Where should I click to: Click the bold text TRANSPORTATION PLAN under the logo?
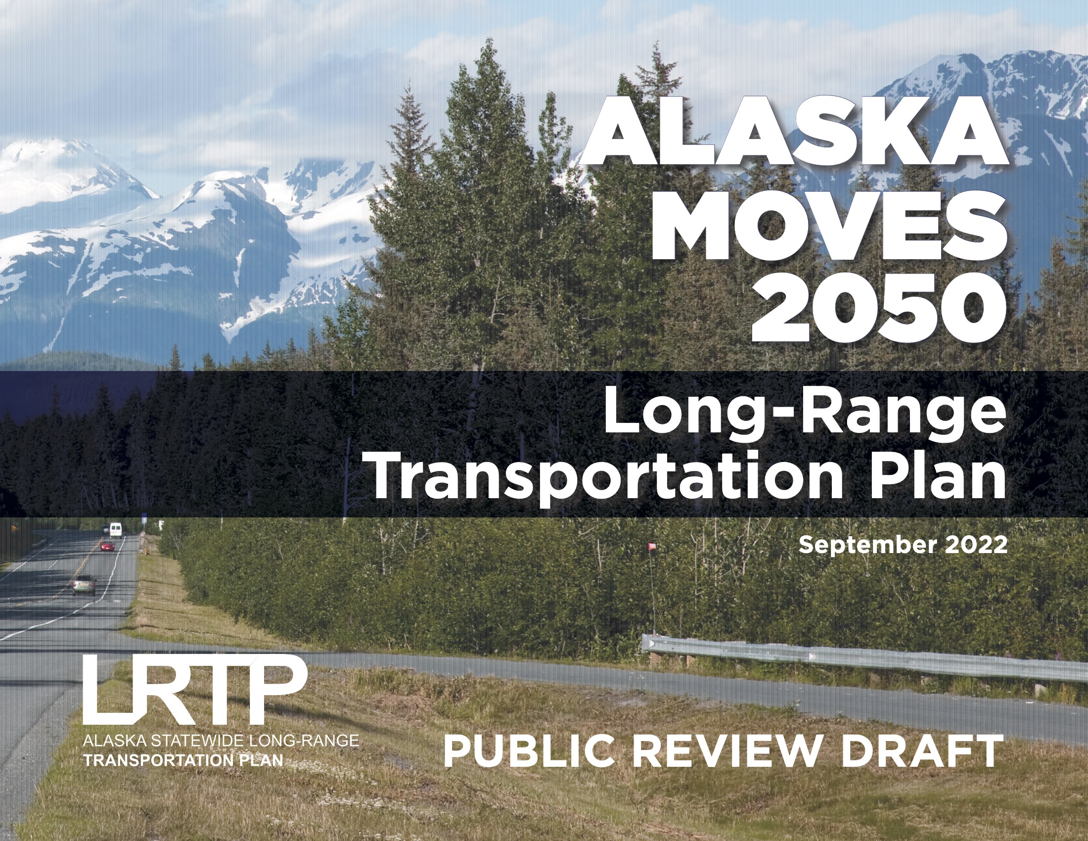[183, 760]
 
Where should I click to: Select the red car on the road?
[108, 546]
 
